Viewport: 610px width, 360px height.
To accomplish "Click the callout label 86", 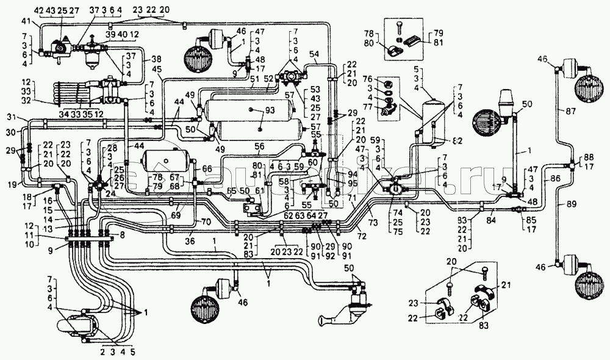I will tap(554, 179).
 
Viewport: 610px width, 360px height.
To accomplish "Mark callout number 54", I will tap(314, 55).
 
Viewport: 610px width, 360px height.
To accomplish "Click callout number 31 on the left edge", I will tap(11, 117).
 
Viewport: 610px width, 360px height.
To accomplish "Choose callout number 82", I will tap(456, 141).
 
